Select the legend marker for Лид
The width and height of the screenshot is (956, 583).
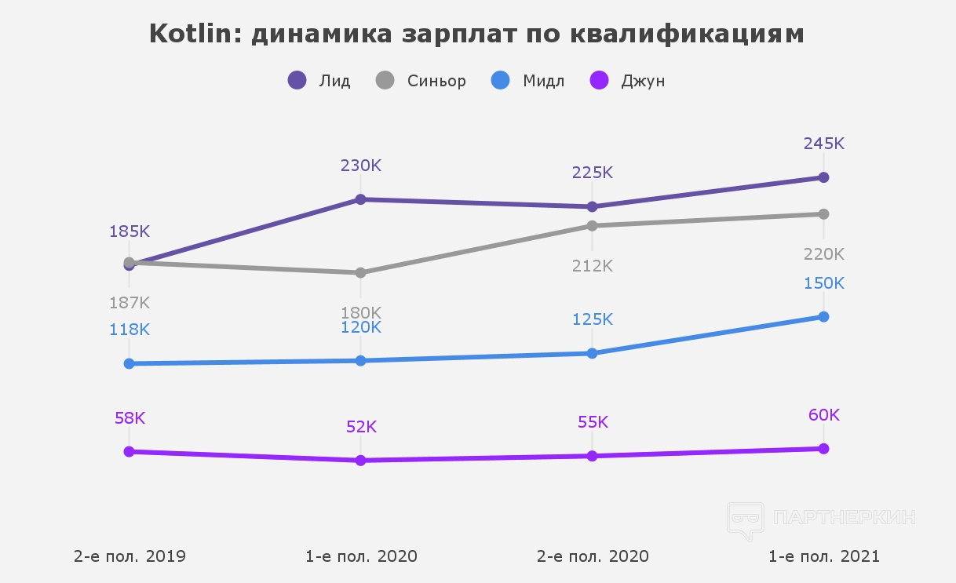point(297,80)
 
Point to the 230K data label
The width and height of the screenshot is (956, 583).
point(360,166)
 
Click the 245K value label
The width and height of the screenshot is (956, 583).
point(823,144)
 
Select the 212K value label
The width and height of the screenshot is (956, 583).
point(592,265)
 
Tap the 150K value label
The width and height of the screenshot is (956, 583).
point(823,283)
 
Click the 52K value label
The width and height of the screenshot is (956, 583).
point(361,427)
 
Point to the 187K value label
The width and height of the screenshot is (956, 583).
point(130,302)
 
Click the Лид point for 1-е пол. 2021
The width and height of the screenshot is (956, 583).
point(823,177)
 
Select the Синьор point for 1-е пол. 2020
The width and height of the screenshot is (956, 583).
point(361,273)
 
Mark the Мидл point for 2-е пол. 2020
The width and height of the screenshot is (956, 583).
point(592,353)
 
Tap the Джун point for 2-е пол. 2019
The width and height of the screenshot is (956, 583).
point(130,452)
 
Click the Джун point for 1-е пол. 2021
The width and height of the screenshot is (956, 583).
point(823,449)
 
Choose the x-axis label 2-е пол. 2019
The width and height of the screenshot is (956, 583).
point(130,556)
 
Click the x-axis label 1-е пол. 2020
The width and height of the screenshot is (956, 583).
point(361,556)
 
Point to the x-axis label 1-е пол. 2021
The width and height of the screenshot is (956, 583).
point(823,556)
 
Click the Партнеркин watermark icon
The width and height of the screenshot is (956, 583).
point(745,520)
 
